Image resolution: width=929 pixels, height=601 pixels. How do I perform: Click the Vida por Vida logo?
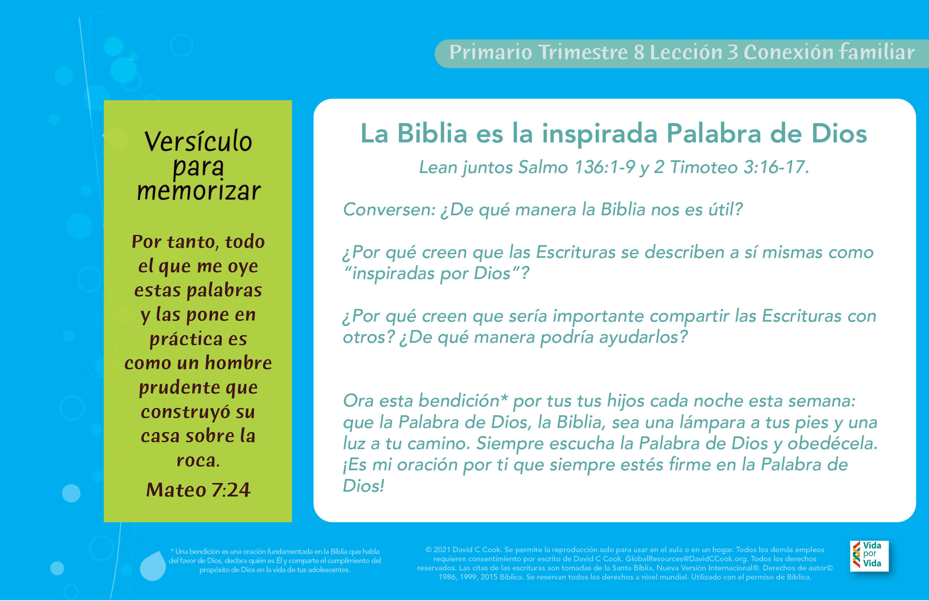869,555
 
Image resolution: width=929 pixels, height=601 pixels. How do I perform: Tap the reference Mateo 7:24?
198,490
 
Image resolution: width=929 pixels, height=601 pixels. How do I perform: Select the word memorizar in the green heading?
199,191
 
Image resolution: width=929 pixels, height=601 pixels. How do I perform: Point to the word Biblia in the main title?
432,133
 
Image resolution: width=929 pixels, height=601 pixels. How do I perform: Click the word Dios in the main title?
839,133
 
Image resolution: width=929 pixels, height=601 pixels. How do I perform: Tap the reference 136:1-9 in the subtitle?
605,167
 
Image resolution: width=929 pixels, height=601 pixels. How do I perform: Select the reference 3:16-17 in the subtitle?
776,167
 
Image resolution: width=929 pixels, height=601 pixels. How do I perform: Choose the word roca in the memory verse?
198,461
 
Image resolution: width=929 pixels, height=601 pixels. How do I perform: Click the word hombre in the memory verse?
238,363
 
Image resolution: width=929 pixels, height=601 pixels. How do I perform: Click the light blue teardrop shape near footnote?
153,566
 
